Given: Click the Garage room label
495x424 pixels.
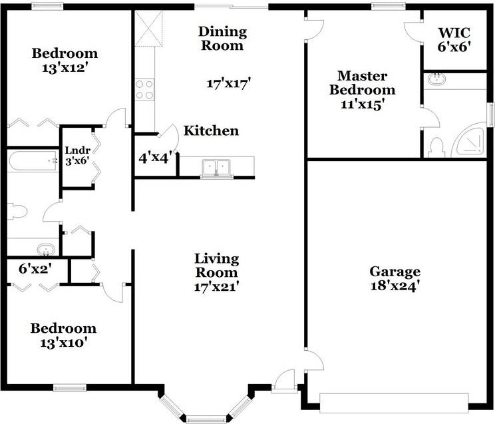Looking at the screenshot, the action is coord(395,272).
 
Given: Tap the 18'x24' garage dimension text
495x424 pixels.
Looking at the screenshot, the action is coord(395,286).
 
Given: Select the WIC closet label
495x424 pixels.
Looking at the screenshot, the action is coord(454,33).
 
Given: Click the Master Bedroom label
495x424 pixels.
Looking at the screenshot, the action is coord(363,83).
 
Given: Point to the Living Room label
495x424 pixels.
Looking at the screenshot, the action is coord(217,266).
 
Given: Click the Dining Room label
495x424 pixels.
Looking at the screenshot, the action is coord(223,38).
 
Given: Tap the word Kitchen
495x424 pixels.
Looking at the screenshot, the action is coord(211,131).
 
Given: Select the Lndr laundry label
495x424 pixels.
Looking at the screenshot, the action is coord(78,150).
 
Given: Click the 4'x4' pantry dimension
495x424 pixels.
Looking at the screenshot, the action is coord(155,157).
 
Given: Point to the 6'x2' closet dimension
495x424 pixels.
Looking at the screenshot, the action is coord(35,269).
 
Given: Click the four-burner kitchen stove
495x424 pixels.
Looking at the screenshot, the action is coord(144,90).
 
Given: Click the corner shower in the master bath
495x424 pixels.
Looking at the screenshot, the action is coord(470,140).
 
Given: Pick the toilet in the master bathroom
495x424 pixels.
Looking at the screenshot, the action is coord(437,148).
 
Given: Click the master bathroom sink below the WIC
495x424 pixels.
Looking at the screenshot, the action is coord(437,79).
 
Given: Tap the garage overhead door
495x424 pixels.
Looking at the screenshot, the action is coord(394,403).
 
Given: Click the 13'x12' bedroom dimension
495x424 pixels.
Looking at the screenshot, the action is coord(65,68).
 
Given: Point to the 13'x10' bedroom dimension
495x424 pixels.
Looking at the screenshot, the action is coord(63,343).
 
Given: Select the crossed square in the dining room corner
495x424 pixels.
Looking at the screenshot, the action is coord(148,29).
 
